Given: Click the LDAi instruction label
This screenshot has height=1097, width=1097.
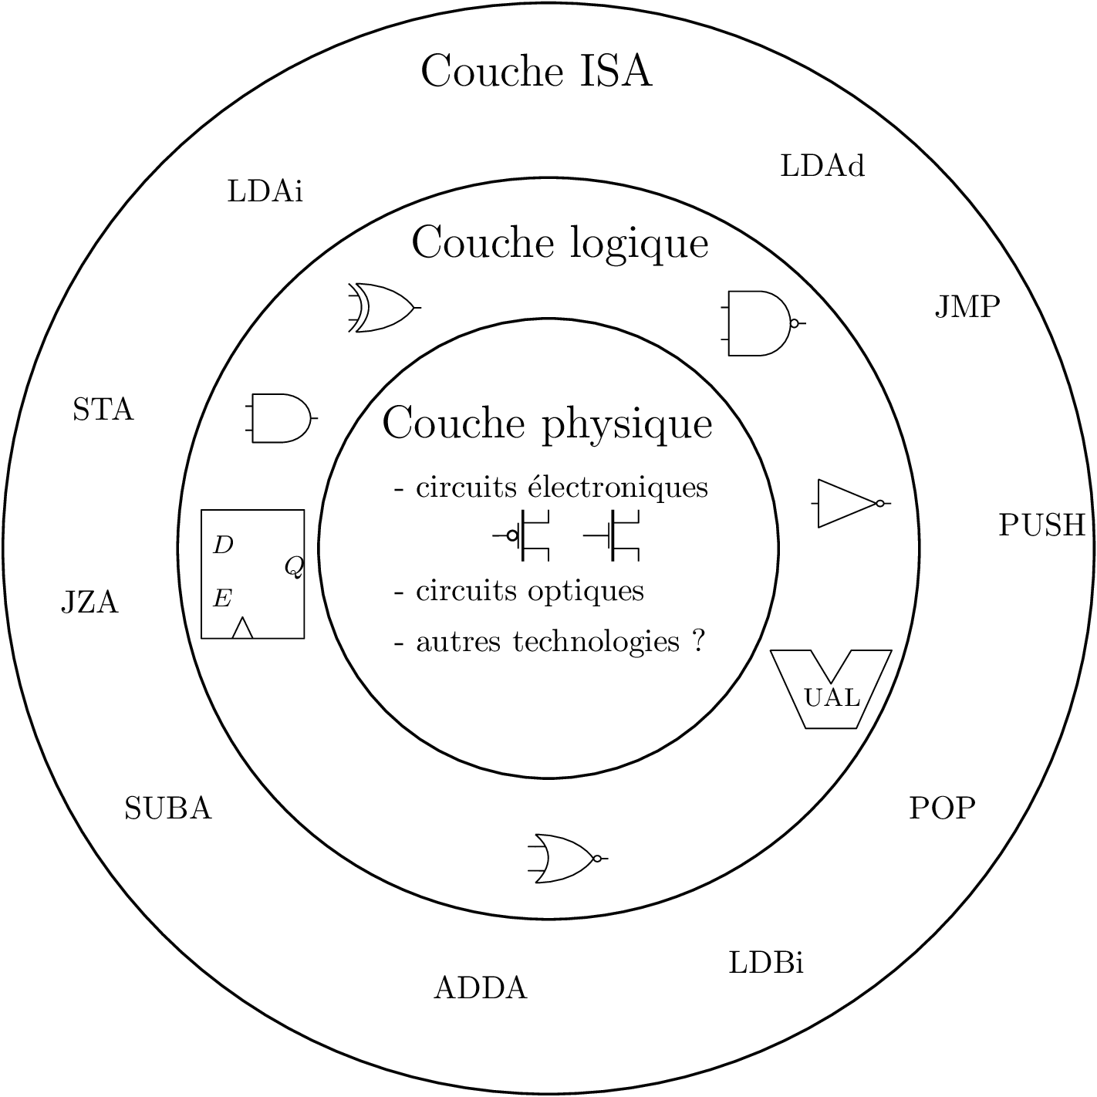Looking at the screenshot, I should click(265, 191).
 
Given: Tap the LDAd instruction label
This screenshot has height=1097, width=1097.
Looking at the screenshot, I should click(822, 167).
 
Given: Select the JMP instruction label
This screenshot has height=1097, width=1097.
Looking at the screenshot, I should click(967, 308).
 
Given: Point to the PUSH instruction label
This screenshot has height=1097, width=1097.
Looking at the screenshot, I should click(1041, 525).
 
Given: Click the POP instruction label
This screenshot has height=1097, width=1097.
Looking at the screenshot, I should click(942, 808).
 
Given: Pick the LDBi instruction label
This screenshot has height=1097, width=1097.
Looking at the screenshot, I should click(766, 964).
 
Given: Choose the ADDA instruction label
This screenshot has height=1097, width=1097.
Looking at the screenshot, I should click(481, 988).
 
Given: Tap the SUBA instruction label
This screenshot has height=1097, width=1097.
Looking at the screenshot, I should click(168, 808).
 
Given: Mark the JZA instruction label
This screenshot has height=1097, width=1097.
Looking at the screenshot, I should click(89, 603).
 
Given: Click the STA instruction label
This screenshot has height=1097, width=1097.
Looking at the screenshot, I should click(103, 410).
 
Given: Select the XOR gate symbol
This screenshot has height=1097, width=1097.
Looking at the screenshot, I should click(383, 308).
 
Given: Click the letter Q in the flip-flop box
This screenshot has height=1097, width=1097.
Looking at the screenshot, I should click(294, 568).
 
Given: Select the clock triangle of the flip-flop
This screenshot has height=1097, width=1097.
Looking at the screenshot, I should click(242, 628).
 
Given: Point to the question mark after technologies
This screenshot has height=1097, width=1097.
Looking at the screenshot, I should click(699, 641).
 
